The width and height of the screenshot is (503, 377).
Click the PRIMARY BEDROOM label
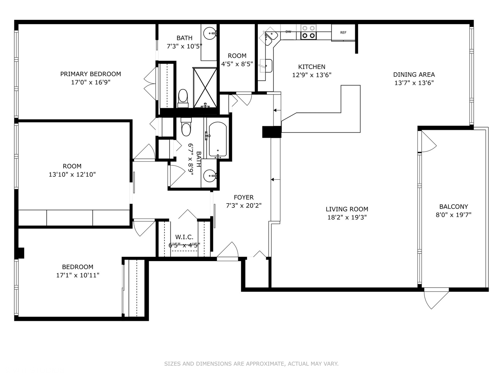(x=90, y=74)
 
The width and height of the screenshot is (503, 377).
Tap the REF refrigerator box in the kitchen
(x=343, y=32)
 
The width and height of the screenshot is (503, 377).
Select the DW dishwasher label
(x=288, y=32)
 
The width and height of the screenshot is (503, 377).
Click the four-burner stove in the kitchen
(x=308, y=32)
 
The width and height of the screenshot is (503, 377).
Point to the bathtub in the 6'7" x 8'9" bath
(x=217, y=139)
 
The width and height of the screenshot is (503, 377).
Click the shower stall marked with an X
(x=205, y=87)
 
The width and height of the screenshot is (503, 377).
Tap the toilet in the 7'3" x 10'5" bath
(x=183, y=98)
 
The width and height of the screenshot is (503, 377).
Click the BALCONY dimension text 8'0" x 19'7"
(x=453, y=215)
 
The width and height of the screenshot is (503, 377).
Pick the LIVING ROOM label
(x=347, y=209)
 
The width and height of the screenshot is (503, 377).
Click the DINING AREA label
(x=414, y=74)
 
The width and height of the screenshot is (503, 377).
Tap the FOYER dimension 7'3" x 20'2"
(x=243, y=206)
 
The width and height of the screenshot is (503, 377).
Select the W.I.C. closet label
(x=184, y=237)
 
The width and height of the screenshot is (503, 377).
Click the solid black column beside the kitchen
(x=271, y=132)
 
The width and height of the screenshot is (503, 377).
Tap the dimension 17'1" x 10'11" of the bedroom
(x=78, y=275)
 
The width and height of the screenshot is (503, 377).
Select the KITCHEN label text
(x=312, y=67)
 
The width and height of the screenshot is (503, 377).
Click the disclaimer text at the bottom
(x=251, y=364)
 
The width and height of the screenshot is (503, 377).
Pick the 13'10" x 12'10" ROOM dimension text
(x=72, y=175)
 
